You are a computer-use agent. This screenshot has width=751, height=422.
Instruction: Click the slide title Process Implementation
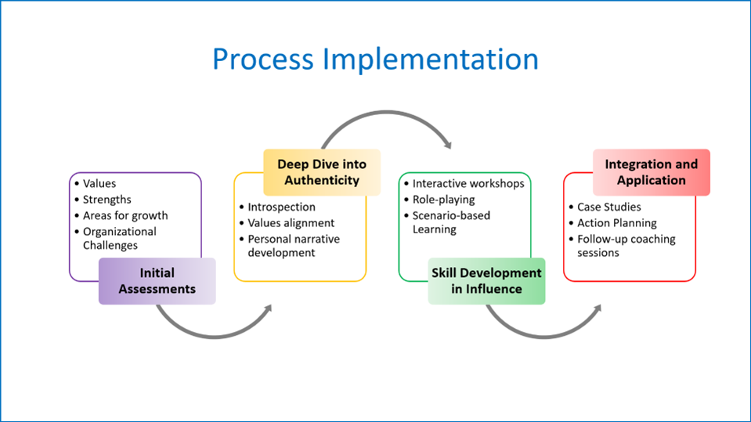coord(376,60)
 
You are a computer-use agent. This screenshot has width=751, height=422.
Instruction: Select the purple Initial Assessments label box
coord(157,281)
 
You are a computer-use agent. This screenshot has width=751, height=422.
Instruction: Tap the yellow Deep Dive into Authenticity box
coord(322,172)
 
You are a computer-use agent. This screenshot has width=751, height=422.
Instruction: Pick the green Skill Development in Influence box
coord(486,281)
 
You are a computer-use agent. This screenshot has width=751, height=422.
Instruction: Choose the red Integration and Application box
coord(652,172)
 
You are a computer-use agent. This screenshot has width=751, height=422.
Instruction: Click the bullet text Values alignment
coord(291,223)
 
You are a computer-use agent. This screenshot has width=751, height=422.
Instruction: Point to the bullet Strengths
coord(107,200)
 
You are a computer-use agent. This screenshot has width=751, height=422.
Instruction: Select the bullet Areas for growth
coord(125,215)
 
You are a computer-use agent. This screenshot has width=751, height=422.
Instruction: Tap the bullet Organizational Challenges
coord(119,238)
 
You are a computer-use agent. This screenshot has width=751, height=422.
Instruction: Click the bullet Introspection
coord(282,207)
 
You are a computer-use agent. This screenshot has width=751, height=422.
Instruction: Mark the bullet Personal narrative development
coord(294,246)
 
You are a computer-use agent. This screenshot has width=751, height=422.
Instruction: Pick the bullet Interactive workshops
coord(468,183)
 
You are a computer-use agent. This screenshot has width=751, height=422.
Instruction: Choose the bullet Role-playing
coord(443,200)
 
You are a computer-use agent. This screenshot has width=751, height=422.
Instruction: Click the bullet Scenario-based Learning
coord(451,222)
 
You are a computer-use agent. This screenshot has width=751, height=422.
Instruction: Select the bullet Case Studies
coord(608,207)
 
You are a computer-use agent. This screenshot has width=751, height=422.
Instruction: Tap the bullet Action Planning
coord(617,223)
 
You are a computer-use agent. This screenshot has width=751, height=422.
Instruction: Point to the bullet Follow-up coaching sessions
coord(626,246)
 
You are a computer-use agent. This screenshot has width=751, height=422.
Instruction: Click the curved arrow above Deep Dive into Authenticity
coord(387,113)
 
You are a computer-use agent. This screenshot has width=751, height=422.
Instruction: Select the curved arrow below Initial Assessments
coord(215,337)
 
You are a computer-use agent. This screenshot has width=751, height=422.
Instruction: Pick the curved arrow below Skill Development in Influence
coord(544,337)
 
